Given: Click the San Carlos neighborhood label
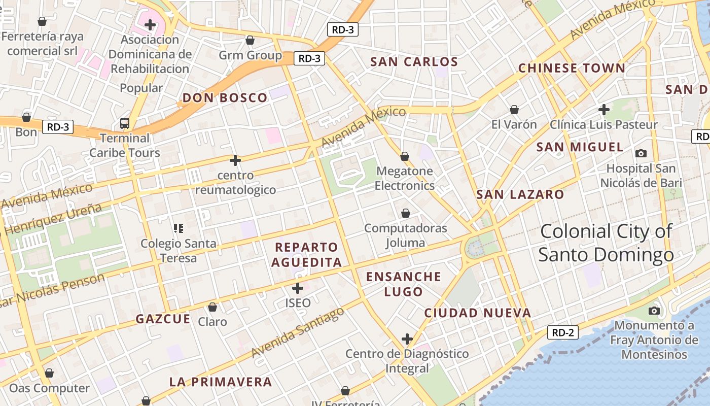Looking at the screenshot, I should tap(414, 62).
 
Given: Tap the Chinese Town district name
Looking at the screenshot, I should tap(572, 68).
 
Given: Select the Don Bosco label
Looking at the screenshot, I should tap(225, 98).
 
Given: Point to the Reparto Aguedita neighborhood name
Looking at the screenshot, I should tap(306, 255).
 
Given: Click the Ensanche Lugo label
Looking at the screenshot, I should tap(404, 284).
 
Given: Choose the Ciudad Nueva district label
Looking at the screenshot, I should tap(478, 313).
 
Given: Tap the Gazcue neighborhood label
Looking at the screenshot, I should tap(163, 319).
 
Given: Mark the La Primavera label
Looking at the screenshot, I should tap(221, 382).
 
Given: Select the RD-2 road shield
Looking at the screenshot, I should tap(563, 332).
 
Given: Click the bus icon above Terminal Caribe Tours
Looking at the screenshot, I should tap(125, 123).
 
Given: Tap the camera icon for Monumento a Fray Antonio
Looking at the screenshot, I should tap(654, 310).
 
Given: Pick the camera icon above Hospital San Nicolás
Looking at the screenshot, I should tap(641, 153).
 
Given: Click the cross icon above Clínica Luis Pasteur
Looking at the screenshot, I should tap(603, 109).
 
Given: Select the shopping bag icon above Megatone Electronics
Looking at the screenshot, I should tap(405, 156).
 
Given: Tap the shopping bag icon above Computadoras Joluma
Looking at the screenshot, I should tap(405, 213).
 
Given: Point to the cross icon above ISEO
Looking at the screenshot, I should tap(298, 288).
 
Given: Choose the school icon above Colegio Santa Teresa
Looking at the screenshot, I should tap(178, 228).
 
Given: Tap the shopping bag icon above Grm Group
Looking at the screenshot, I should tap(250, 40).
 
